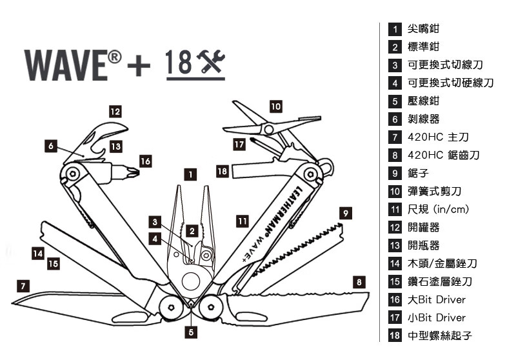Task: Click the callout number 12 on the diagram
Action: click(x=115, y=111)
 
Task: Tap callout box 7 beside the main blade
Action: click(x=23, y=285)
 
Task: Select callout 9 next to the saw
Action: click(x=346, y=212)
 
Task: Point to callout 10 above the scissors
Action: click(x=275, y=106)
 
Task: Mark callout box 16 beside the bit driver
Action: click(x=146, y=161)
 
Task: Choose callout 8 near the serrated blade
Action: click(x=359, y=281)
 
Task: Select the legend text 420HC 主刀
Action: click(x=438, y=137)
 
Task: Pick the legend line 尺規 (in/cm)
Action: click(x=438, y=210)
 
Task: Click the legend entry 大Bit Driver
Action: click(x=437, y=299)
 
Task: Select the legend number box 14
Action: click(x=395, y=263)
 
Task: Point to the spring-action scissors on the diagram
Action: click(x=258, y=123)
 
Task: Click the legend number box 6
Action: click(x=395, y=119)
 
